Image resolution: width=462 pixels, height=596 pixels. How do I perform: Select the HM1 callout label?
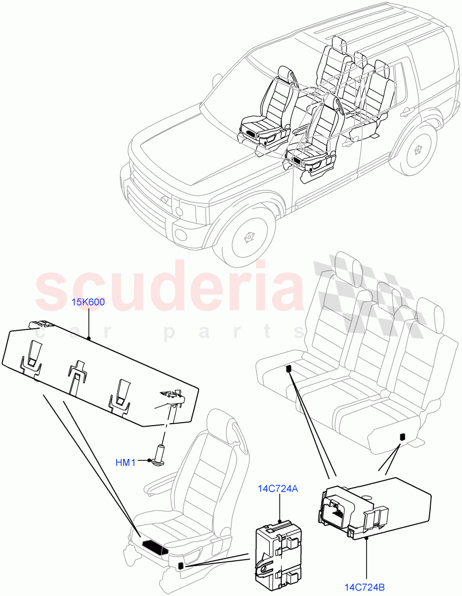[126, 462]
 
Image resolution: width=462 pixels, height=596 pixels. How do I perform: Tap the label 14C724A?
[278, 489]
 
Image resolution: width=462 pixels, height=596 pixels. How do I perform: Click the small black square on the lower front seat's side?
[181, 552]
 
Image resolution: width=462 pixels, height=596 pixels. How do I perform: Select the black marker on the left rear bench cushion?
[288, 369]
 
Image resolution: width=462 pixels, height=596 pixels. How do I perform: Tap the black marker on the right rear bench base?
[401, 437]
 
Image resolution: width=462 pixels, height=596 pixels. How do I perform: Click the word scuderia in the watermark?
[169, 288]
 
